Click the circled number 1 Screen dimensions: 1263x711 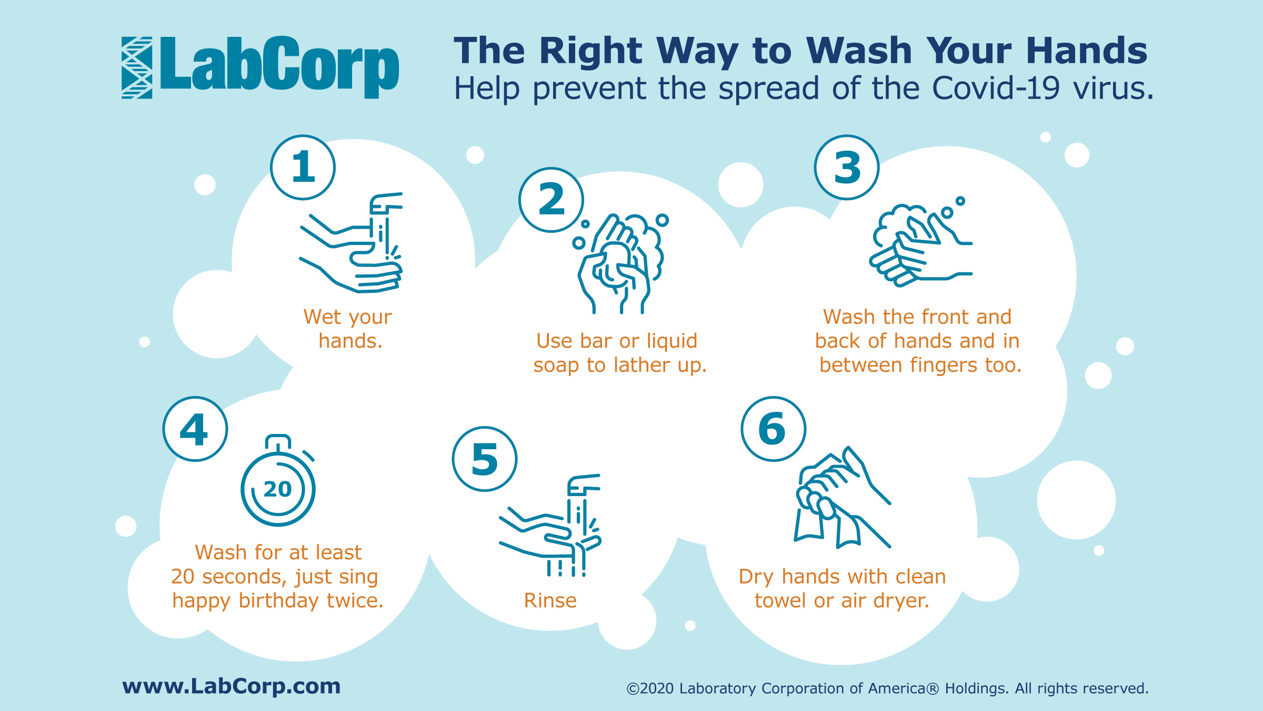click(303, 167)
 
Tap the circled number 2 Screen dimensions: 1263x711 click(551, 200)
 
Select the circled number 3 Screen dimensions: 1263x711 click(847, 167)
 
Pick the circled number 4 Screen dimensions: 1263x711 click(195, 429)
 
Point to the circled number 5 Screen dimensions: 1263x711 click(485, 459)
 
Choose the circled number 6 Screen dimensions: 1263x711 click(774, 429)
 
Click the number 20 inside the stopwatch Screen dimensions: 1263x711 click(278, 489)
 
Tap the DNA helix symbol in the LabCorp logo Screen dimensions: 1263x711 click(137, 67)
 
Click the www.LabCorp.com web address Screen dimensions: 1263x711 click(232, 686)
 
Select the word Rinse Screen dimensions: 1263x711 click(550, 600)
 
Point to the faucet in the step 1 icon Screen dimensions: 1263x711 click(386, 203)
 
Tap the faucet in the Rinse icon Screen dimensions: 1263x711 click(583, 485)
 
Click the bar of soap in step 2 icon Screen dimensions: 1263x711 click(614, 263)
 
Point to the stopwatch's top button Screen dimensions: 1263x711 click(278, 441)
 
